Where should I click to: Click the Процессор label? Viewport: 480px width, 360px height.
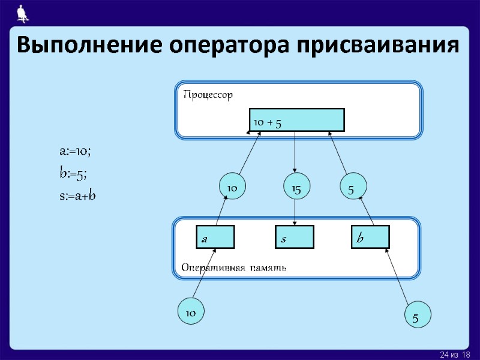pos(208,95)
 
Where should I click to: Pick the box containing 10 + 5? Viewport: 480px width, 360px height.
pos(296,120)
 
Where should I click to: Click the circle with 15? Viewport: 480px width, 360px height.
pos(295,188)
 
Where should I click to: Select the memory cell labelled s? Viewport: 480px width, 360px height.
pos(295,237)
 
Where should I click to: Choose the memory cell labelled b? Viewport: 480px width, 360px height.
pos(371,237)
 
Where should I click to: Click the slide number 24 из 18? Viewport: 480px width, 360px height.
pos(455,355)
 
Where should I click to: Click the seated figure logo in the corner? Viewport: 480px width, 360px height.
pos(22,12)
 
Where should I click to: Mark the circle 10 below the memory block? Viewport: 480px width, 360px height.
pos(191,313)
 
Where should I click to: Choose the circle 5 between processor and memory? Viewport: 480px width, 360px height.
pos(352,188)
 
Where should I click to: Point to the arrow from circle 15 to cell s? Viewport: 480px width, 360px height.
pos(295,212)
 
